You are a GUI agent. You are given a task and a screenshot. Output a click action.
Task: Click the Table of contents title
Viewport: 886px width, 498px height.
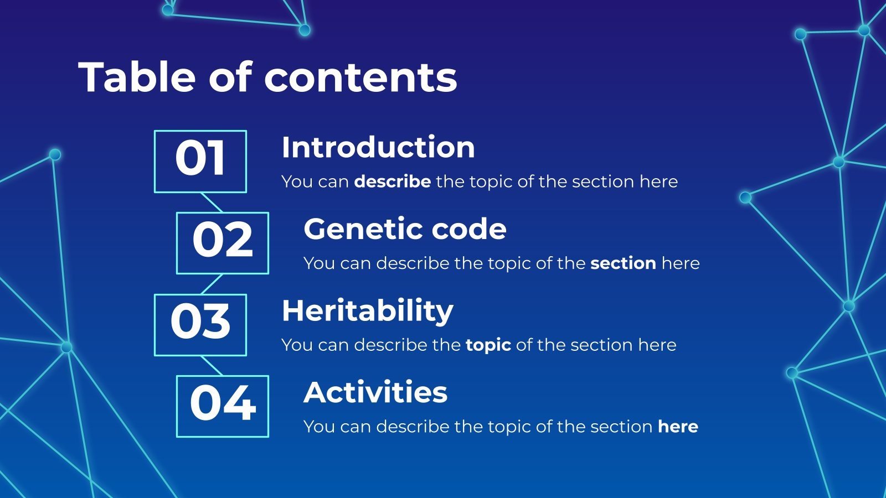[268, 77]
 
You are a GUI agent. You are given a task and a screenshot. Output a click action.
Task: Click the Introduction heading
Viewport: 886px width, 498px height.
[378, 147]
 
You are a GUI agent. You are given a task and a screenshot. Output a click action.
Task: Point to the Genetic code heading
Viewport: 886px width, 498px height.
[405, 229]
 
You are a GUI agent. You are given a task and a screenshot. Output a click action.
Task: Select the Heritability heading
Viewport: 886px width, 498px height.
[368, 312]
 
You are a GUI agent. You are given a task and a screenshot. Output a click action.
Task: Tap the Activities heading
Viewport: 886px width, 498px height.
[375, 392]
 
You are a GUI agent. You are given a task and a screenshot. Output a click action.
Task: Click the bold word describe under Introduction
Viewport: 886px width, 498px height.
[393, 182]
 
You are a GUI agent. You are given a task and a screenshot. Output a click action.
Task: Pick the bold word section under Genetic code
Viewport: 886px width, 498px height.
[624, 263]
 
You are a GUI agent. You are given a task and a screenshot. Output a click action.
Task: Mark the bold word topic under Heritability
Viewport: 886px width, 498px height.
[488, 345]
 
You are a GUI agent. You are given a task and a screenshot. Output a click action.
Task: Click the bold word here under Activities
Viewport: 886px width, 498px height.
[678, 427]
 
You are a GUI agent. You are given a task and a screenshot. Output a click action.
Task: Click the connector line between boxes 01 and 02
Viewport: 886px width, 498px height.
[212, 203]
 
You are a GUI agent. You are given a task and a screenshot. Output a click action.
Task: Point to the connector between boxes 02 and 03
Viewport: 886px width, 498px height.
[212, 284]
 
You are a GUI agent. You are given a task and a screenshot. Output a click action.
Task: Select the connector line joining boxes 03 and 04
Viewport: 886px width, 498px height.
[212, 366]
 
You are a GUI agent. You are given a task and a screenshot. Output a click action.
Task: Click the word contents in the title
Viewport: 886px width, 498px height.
[360, 77]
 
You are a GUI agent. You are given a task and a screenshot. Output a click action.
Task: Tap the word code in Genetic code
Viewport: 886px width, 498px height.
[469, 229]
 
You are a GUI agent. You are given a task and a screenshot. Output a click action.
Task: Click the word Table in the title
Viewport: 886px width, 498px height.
[137, 77]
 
